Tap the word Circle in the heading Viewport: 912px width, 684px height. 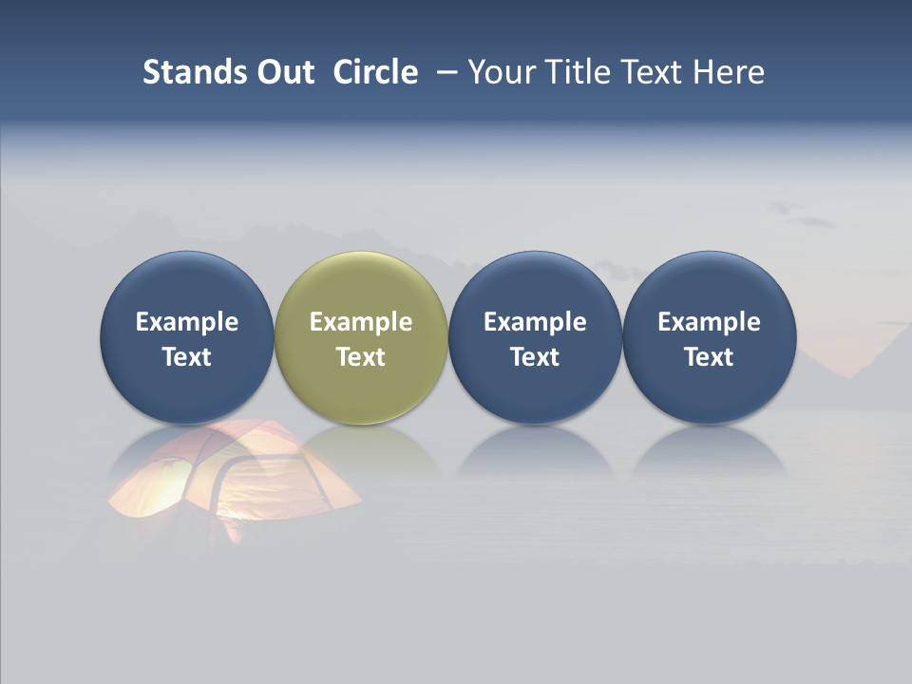[375, 72]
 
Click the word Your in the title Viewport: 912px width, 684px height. [500, 72]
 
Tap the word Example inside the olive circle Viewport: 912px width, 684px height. [361, 322]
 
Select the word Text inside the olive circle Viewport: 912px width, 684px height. [361, 357]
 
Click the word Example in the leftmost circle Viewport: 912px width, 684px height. [187, 322]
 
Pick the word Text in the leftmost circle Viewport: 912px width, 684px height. [187, 357]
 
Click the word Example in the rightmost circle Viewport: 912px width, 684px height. [709, 322]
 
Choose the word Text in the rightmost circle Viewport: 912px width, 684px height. [709, 357]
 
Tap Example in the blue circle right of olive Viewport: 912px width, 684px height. [535, 322]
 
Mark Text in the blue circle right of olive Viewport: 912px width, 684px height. [535, 357]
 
